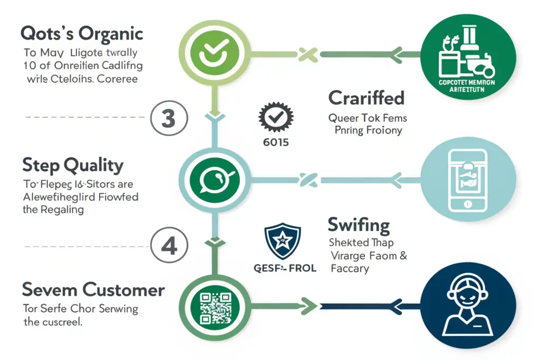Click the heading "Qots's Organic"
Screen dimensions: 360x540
(x=82, y=34)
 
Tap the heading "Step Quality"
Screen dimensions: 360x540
(x=73, y=166)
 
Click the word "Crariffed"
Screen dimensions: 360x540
(x=366, y=98)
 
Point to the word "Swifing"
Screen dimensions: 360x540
(x=359, y=225)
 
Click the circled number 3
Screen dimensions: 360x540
(x=168, y=119)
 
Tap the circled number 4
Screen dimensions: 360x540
(x=169, y=246)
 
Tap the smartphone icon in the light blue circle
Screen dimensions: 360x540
(x=466, y=179)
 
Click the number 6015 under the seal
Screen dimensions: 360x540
(x=275, y=142)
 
